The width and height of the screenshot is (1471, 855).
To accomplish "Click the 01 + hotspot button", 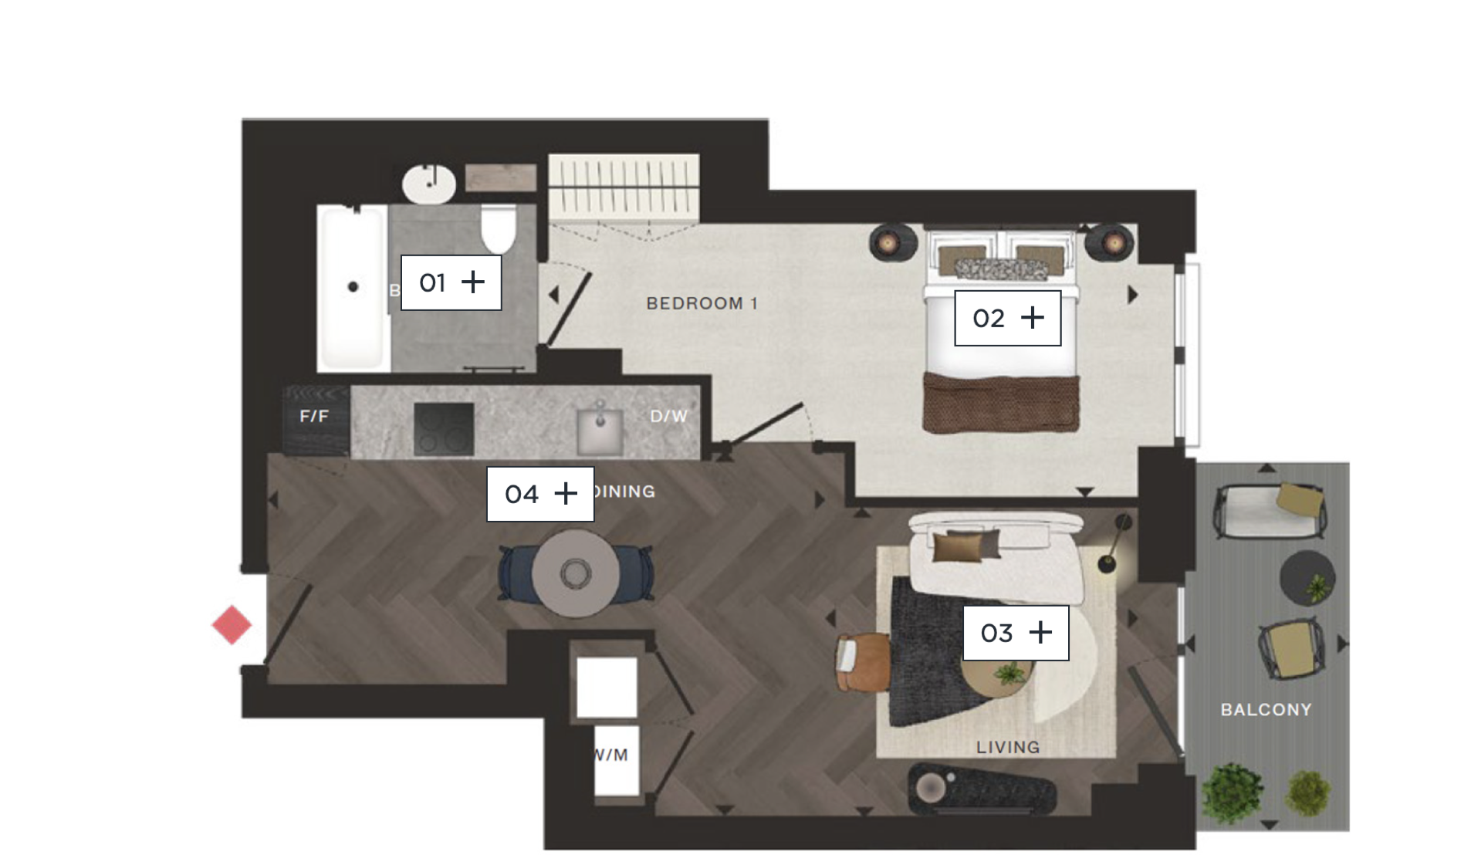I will [x=451, y=282].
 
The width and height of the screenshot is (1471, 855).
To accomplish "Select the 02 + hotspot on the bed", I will [x=1007, y=318].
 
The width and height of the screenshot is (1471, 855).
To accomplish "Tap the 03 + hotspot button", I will [x=1015, y=633].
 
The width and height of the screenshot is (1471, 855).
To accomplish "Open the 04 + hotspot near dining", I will [x=539, y=494].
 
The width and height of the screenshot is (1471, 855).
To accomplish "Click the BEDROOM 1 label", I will [x=702, y=303].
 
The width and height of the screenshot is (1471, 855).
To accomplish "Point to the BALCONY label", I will [x=1266, y=709].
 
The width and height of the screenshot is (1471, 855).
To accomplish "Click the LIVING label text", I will [x=1007, y=747].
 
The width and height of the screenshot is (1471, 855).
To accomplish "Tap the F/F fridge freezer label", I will [x=314, y=416].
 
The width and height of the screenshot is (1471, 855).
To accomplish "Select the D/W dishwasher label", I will [x=668, y=416].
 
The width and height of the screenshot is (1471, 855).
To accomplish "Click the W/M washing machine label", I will [x=612, y=755].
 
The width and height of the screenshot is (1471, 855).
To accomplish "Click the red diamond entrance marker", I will [x=232, y=625].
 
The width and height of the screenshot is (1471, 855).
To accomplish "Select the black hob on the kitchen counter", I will [x=444, y=429].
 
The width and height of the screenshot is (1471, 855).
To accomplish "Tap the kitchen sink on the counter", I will [x=600, y=431].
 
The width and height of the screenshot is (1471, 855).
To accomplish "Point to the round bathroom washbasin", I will [x=429, y=184].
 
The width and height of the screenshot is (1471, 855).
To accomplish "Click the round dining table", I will [x=575, y=573].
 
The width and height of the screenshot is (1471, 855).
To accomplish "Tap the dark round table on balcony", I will [x=1307, y=577].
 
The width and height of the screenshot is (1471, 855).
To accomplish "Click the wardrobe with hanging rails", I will [x=624, y=185].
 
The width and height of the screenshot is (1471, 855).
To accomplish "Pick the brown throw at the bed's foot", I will [x=1001, y=403].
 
